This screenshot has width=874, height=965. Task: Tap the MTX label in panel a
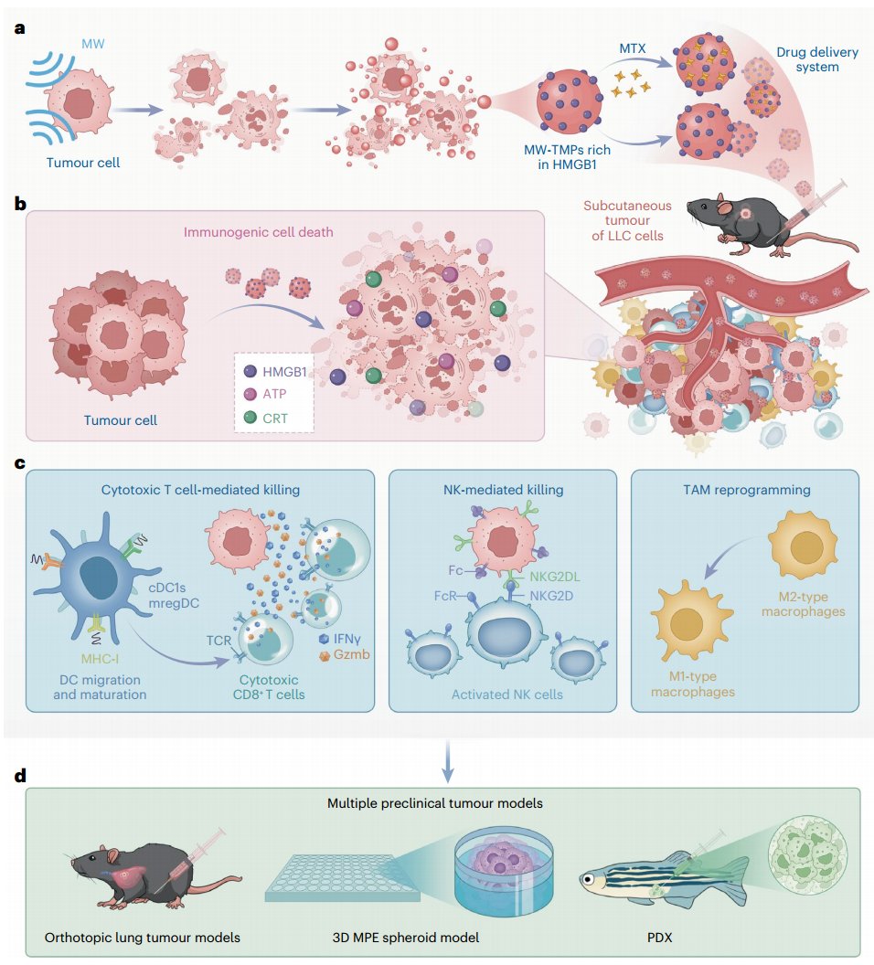tap(632, 47)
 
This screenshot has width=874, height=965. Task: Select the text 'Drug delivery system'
tap(817, 59)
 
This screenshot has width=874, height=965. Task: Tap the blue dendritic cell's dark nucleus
tap(99, 580)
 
